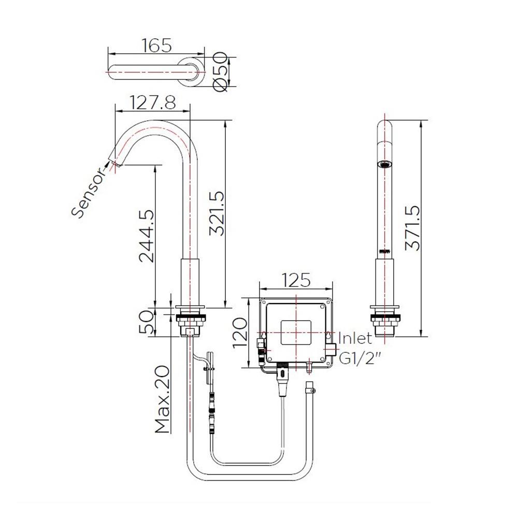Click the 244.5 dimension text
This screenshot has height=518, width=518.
point(147,235)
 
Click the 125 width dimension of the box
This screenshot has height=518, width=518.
point(295,280)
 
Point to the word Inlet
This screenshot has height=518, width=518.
point(355,338)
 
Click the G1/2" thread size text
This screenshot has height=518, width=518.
point(357,357)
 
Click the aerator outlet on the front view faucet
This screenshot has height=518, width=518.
point(384,165)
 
